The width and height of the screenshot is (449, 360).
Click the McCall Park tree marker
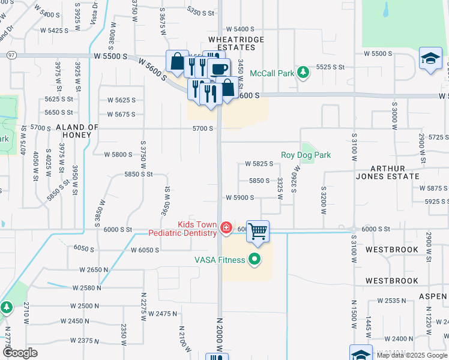[304, 73]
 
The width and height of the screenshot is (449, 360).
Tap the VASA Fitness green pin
[255, 260]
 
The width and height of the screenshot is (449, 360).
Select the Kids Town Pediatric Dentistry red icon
[226, 227]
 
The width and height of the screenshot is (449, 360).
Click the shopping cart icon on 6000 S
[258, 230]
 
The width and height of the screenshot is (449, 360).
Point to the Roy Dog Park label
[306, 155]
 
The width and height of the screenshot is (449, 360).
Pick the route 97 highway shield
[11, 55]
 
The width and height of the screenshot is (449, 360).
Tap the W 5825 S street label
[259, 164]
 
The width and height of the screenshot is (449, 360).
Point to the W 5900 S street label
[240, 197]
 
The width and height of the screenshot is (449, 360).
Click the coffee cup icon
[220, 68]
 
